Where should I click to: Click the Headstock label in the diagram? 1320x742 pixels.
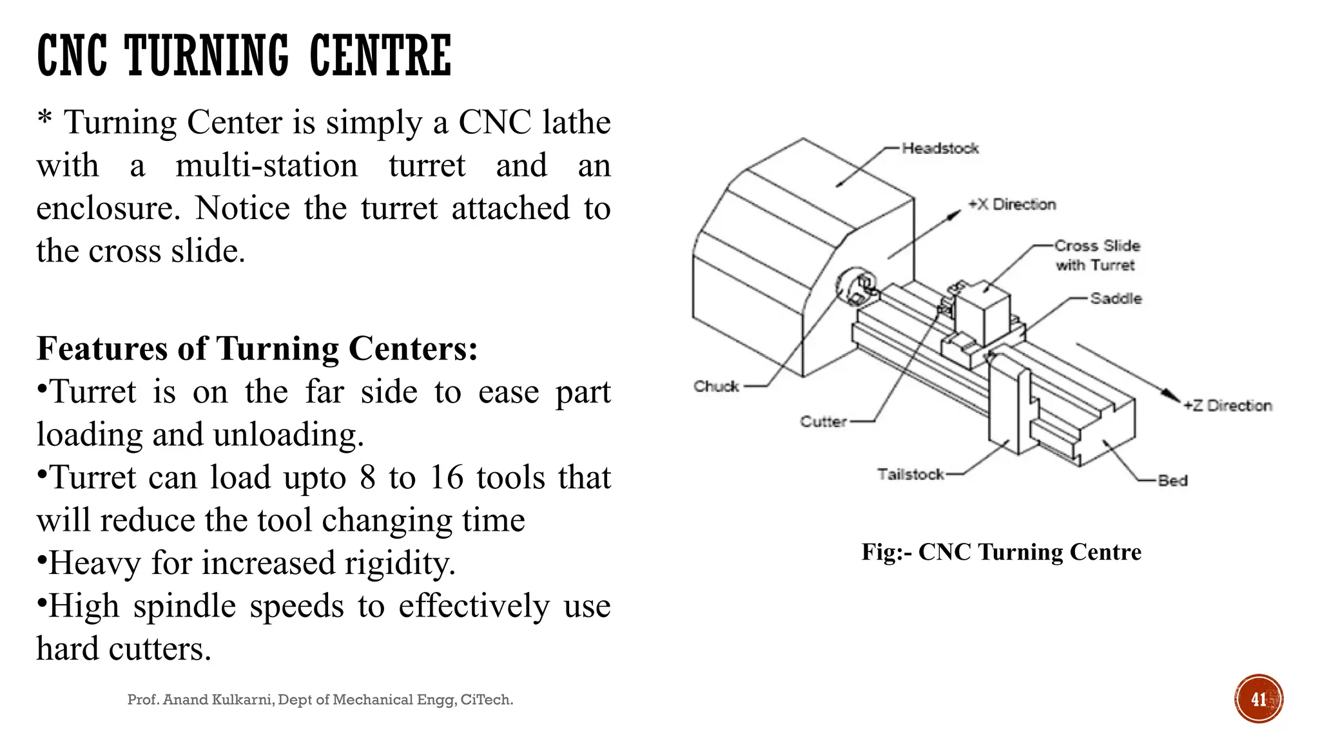tap(940, 149)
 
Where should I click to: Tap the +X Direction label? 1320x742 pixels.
tap(1012, 205)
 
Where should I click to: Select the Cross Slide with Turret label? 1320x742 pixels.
tap(1096, 255)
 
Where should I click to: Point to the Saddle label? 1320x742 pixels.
tap(1116, 298)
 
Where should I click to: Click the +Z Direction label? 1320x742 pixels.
tap(1227, 406)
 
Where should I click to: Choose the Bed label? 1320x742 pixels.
tap(1172, 480)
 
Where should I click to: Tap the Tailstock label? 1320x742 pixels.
tap(910, 475)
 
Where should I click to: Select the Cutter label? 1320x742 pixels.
tap(823, 422)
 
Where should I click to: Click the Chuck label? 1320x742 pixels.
tap(715, 386)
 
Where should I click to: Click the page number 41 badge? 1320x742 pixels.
tap(1258, 699)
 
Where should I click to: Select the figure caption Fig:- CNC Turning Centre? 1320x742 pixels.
tap(1001, 552)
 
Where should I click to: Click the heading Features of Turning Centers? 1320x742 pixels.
tap(257, 348)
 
